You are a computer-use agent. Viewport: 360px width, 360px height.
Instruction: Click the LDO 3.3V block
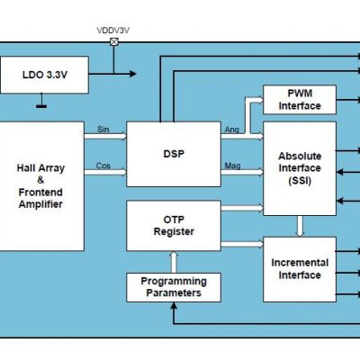coord(45,76)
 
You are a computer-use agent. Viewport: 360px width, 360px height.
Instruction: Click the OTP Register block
coord(173,225)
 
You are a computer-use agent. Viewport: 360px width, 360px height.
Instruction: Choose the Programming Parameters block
coord(173,287)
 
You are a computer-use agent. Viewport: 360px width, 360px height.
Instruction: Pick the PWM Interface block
coord(299,100)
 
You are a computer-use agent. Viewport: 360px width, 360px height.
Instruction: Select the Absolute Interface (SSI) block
coord(299,167)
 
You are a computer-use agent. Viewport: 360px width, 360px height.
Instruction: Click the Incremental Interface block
coord(299,269)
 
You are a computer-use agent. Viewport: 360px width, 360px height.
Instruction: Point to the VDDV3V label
coord(113,31)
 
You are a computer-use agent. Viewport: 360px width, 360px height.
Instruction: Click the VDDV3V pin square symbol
coord(113,41)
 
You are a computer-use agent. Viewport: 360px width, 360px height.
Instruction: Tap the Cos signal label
coord(103,165)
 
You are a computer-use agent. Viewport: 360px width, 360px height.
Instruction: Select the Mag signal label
coord(231,165)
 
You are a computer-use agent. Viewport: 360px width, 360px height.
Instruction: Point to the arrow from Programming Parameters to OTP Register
coord(173,261)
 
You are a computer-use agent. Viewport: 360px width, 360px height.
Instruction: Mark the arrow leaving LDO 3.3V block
coord(112,76)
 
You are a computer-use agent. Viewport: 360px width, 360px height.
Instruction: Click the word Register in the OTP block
coord(173,232)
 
